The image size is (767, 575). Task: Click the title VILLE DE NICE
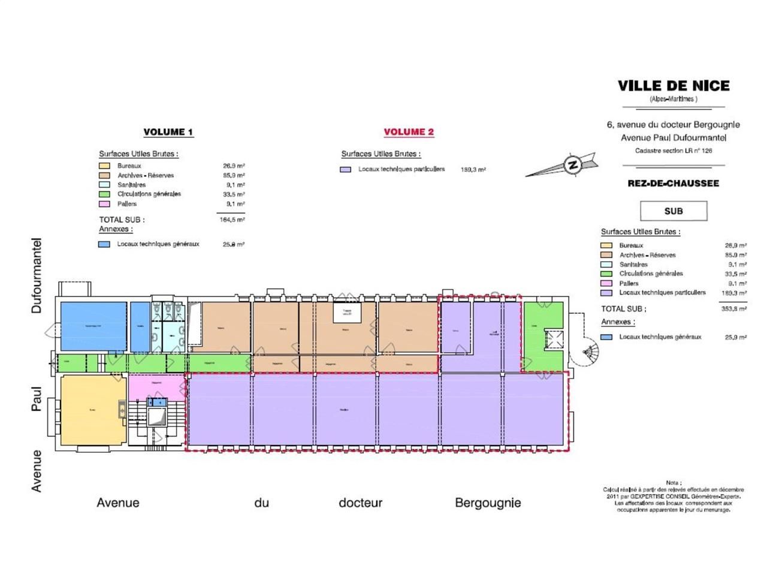tap(674, 86)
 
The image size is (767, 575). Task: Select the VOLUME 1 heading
tap(168, 132)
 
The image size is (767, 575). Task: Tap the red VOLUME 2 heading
tap(409, 132)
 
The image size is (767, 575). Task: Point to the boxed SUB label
tap(674, 211)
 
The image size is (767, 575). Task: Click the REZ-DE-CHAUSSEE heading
tap(673, 183)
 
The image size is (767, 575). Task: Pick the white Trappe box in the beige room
tap(347, 313)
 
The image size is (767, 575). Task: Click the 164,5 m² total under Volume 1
tap(232, 220)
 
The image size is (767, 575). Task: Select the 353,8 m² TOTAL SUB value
tap(735, 309)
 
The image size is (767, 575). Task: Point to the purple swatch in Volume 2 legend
tap(345, 170)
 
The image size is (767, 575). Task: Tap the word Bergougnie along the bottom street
tap(488, 503)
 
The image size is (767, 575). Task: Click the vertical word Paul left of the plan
tap(37, 398)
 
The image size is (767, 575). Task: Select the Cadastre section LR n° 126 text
tap(674, 151)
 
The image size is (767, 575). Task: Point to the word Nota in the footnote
tap(673, 483)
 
